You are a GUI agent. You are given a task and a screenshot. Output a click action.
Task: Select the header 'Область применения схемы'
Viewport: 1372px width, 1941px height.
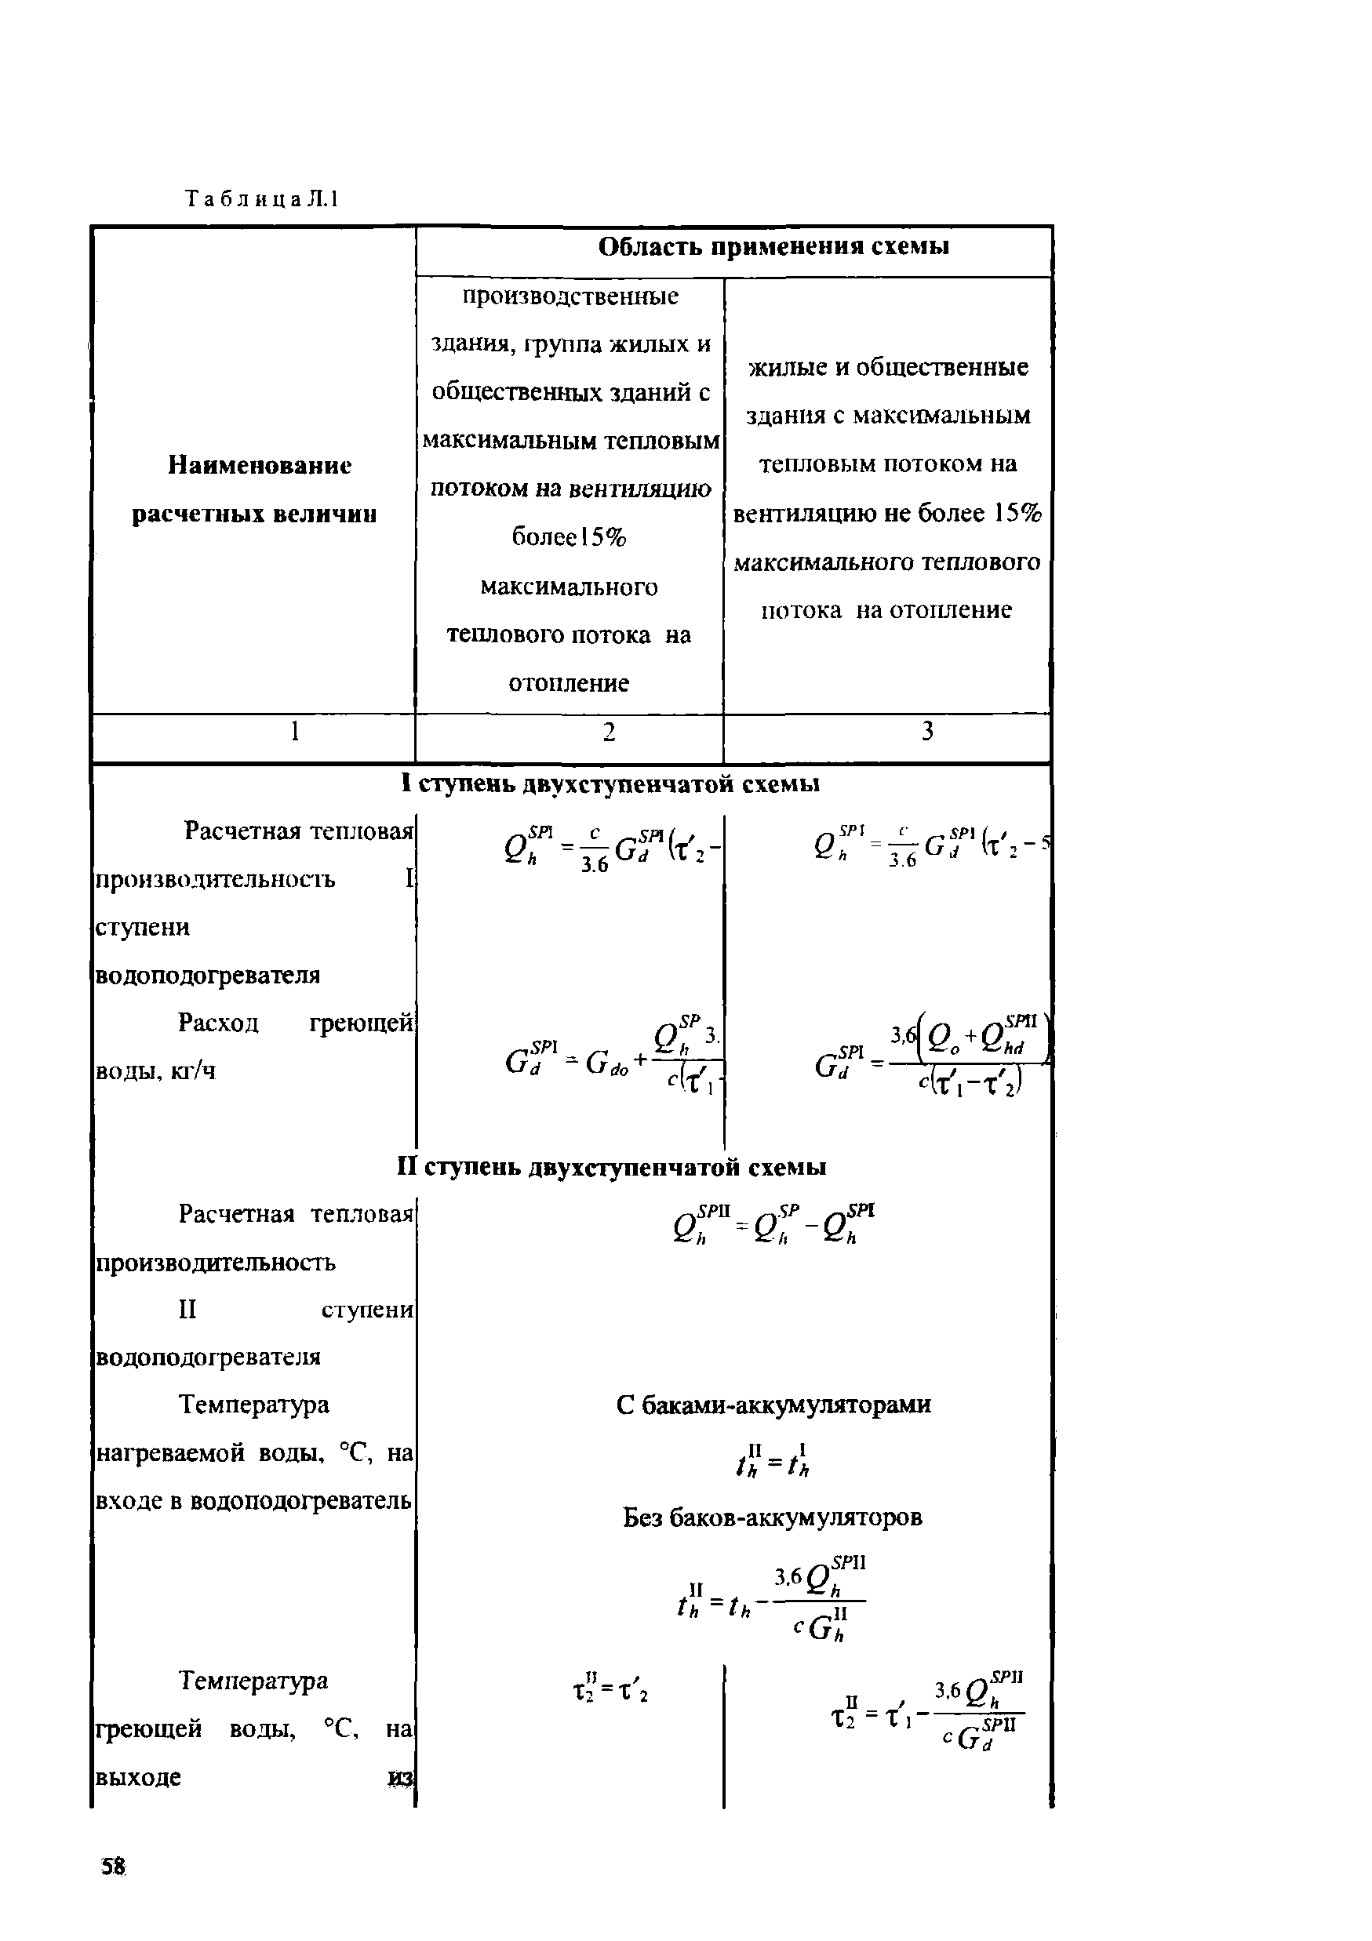773,247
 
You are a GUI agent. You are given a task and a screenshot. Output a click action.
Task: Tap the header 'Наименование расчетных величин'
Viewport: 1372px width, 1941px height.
253,489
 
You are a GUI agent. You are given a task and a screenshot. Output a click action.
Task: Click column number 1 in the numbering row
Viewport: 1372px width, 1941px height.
294,731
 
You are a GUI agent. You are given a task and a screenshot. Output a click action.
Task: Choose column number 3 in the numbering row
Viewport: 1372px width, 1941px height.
927,731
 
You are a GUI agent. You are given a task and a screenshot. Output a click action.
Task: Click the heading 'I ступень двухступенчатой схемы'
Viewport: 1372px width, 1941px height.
610,784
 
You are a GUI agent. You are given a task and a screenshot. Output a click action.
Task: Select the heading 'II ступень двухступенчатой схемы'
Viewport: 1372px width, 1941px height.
610,1168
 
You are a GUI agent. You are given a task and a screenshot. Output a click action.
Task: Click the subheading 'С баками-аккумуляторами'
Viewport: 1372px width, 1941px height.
773,1405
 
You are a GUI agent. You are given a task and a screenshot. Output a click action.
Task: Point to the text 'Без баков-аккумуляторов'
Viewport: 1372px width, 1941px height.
773,1518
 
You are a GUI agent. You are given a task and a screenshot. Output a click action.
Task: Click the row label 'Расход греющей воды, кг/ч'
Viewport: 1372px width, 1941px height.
253,1047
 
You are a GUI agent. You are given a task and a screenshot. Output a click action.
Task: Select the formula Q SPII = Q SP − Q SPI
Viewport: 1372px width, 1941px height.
773,1224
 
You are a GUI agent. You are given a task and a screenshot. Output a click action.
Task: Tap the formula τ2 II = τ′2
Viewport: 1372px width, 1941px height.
610,1690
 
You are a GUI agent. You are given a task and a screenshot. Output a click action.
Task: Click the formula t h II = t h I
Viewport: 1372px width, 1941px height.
773,1460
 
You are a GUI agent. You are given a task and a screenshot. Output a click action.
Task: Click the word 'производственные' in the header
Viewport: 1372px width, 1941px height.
570,296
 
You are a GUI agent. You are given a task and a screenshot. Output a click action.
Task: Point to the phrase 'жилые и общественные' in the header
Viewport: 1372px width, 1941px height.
888,368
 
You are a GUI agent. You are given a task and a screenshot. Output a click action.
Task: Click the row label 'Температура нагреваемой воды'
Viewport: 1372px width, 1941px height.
253,1452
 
